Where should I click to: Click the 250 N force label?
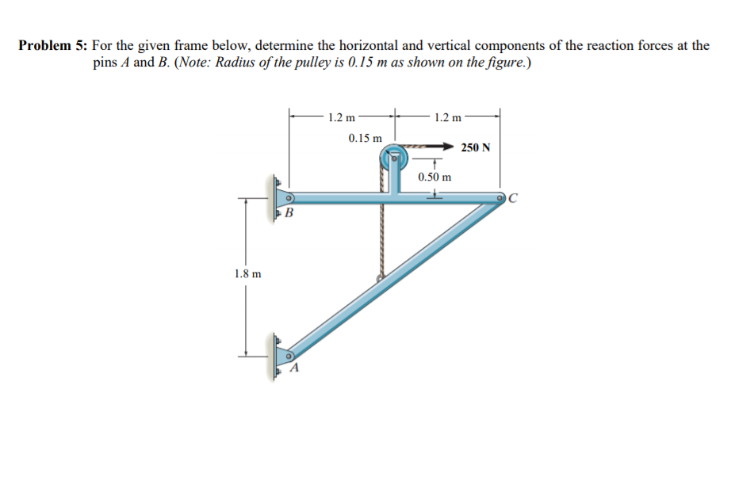pos(476,148)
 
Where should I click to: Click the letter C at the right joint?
pos(513,199)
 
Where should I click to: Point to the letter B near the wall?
pos(289,213)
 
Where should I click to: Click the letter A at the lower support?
pos(294,368)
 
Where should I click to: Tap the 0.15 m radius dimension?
pos(366,139)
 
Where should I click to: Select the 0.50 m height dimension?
pos(435,177)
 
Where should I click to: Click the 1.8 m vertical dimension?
pos(247,273)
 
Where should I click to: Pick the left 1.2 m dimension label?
pos(342,118)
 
